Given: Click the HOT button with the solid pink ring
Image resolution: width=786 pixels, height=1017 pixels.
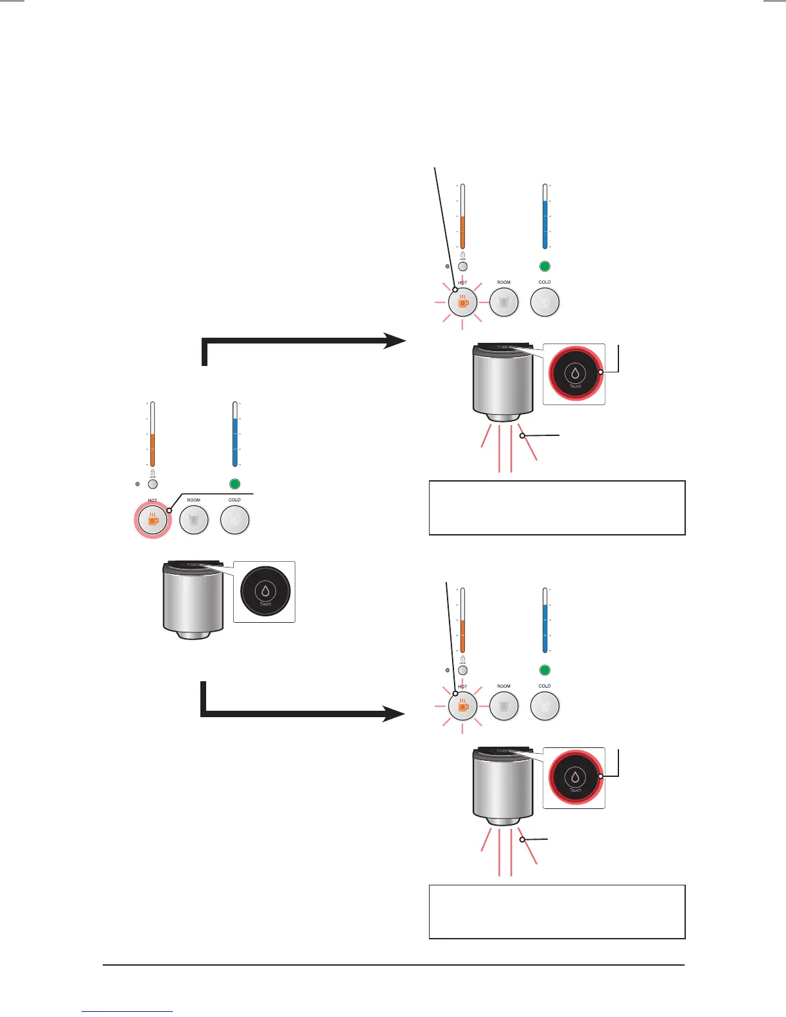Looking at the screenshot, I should click(152, 519).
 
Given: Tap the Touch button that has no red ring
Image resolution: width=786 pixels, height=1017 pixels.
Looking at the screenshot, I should click(265, 591).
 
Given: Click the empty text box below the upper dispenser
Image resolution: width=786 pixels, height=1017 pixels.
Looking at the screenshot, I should click(557, 507).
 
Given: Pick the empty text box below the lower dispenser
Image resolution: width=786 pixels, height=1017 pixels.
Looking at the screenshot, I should click(557, 911).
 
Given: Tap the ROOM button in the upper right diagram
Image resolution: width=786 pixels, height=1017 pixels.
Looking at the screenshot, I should click(504, 302).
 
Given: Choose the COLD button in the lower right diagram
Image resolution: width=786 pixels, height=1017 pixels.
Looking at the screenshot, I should click(545, 706).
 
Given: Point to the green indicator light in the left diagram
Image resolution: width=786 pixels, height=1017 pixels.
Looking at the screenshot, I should click(234, 484).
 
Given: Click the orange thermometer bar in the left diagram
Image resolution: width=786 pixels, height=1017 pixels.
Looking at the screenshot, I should click(152, 449).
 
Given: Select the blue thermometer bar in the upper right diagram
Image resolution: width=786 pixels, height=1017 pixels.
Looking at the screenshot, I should click(545, 224).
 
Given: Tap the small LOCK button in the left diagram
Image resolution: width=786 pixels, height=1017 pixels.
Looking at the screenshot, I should click(152, 485).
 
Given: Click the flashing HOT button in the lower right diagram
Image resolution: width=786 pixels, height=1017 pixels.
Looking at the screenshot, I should click(462, 706).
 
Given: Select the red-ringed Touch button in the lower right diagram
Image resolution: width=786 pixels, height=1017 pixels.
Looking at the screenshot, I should click(575, 778).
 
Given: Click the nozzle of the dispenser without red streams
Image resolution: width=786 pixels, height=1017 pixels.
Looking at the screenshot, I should click(193, 634).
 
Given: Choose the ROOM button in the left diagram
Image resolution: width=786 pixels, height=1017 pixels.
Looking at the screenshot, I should click(193, 519).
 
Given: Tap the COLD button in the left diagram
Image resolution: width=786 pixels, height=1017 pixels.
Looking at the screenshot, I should click(234, 519).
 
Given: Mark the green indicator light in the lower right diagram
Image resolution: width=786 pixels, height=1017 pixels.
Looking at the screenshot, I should click(545, 670).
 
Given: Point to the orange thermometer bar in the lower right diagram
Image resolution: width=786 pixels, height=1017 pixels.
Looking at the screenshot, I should click(462, 636).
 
